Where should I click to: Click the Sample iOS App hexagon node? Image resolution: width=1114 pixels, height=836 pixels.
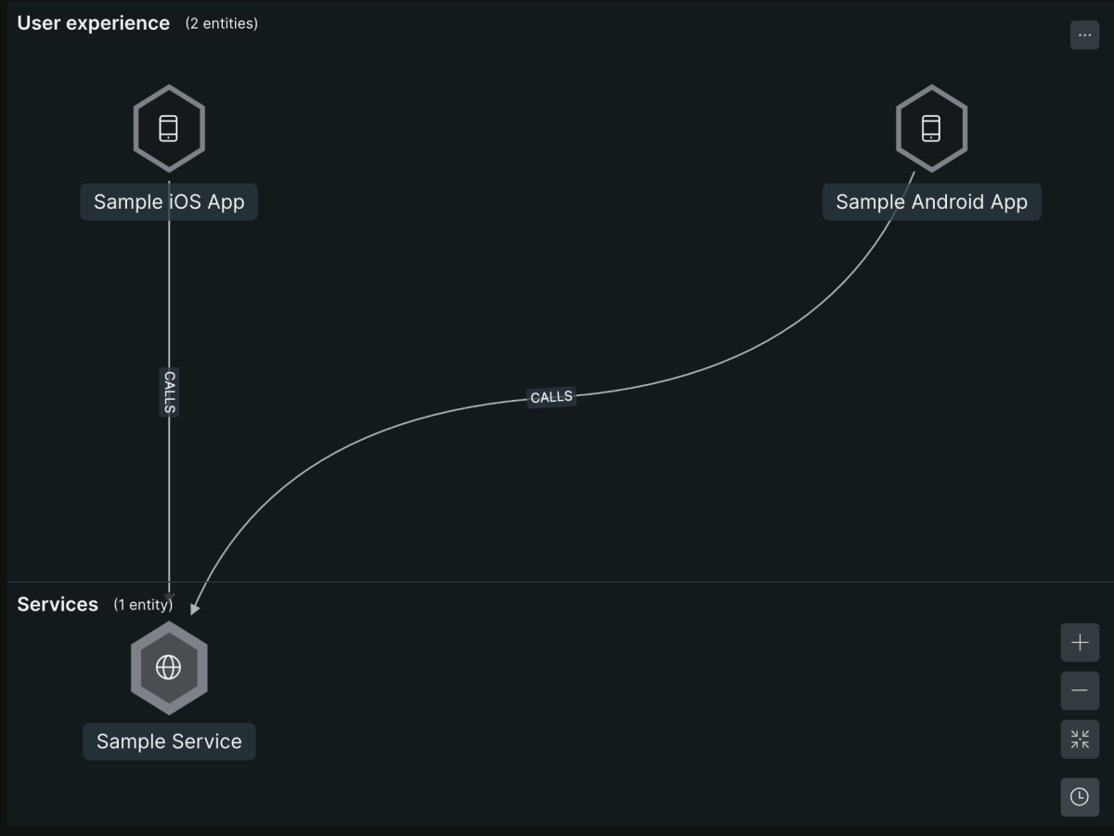pyautogui.click(x=169, y=128)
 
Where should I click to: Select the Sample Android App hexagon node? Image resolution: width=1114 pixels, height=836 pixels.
pyautogui.click(x=931, y=128)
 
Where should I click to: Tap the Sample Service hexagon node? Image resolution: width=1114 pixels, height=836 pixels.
pyautogui.click(x=169, y=667)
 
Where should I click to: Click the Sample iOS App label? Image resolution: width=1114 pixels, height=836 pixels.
pyautogui.click(x=169, y=202)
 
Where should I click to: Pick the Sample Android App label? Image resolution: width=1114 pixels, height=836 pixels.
pyautogui.click(x=932, y=202)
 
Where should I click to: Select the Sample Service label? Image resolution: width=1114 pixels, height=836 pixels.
pyautogui.click(x=169, y=741)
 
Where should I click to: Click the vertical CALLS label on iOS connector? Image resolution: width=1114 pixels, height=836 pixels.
pyautogui.click(x=170, y=392)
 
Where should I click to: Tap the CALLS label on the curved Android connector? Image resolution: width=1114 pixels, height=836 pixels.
pyautogui.click(x=551, y=397)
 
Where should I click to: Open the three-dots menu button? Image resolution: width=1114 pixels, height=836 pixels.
pyautogui.click(x=1084, y=35)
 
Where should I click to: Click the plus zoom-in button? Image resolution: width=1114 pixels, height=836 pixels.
pyautogui.click(x=1080, y=643)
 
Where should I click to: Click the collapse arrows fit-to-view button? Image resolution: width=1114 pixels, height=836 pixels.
pyautogui.click(x=1080, y=740)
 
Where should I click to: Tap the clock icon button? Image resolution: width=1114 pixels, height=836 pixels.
pyautogui.click(x=1080, y=797)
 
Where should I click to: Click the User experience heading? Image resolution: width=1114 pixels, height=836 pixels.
pyautogui.click(x=94, y=23)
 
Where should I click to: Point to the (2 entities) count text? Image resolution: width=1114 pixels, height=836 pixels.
pyautogui.click(x=221, y=24)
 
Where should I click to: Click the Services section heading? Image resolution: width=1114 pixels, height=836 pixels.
pyautogui.click(x=58, y=604)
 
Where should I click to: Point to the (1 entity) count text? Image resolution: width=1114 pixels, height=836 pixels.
pyautogui.click(x=143, y=605)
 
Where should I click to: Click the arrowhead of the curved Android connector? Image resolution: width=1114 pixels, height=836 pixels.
pyautogui.click(x=194, y=609)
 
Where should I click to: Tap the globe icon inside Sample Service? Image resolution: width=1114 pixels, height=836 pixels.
pyautogui.click(x=169, y=667)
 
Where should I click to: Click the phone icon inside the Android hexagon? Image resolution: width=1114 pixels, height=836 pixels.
pyautogui.click(x=931, y=128)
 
